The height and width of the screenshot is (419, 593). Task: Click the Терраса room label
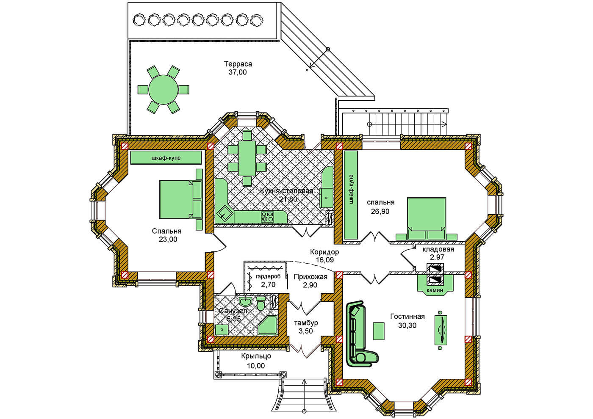click(x=238, y=64)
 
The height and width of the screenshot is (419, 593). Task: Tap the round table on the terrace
click(x=163, y=90)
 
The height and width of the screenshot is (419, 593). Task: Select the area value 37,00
click(x=238, y=72)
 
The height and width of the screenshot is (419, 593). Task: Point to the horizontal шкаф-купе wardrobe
click(x=166, y=157)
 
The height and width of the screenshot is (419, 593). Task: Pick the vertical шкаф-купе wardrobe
click(x=351, y=195)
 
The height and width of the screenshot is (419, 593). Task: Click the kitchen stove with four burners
click(x=267, y=217)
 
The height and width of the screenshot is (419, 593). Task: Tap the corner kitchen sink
click(x=224, y=214)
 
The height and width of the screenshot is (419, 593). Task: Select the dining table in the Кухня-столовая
click(x=247, y=158)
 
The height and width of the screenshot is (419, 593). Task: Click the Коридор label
click(x=324, y=251)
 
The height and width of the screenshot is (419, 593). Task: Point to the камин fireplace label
click(x=435, y=290)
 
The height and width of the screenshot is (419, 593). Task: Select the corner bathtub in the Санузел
click(x=267, y=325)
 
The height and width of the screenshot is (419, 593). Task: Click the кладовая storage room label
click(x=438, y=249)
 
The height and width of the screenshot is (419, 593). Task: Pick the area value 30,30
click(x=407, y=325)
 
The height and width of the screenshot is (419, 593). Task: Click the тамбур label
click(x=306, y=323)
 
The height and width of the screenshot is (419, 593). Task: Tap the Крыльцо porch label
click(x=256, y=356)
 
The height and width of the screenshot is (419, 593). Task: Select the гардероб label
click(x=267, y=277)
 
